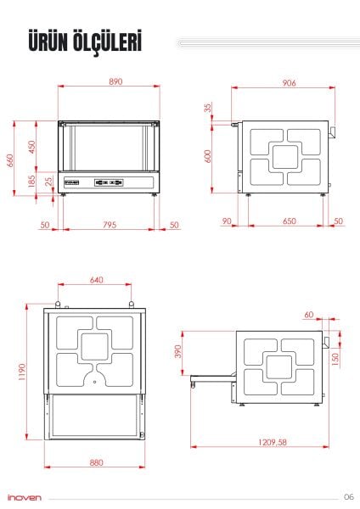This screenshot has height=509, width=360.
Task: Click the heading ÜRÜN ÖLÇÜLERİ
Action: [x=84, y=42]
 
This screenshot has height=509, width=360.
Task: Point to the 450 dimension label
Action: [x=32, y=146]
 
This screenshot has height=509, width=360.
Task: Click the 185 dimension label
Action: [x=32, y=181]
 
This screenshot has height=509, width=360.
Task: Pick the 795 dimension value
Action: [x=110, y=225]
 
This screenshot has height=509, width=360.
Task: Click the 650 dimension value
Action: [x=289, y=221]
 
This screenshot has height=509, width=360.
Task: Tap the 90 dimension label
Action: [x=226, y=221]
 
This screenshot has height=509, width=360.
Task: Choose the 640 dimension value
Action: [x=95, y=279]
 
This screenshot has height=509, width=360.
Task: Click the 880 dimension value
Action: [x=95, y=462]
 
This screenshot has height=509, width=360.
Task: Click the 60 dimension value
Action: [x=308, y=315]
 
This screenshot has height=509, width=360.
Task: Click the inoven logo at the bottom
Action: [x=24, y=497]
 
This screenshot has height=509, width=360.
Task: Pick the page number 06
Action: [x=348, y=496]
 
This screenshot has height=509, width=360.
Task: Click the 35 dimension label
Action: [x=208, y=109]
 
